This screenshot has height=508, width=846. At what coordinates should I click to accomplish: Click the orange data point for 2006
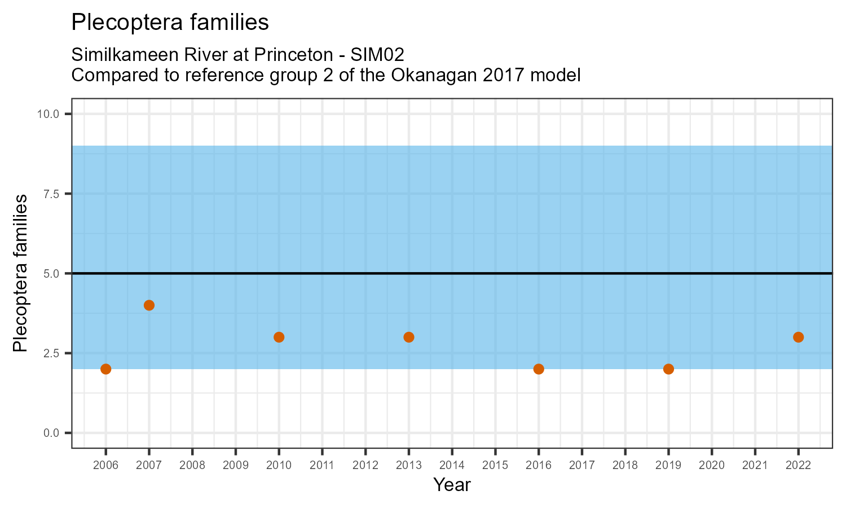(x=105, y=369)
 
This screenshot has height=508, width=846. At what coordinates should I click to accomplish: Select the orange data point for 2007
(x=149, y=305)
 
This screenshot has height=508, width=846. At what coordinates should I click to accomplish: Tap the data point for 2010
(x=279, y=337)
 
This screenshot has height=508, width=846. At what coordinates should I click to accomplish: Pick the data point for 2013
(x=409, y=337)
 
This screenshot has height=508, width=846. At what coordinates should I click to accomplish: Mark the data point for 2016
(x=539, y=369)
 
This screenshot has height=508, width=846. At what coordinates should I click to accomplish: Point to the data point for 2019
(x=668, y=369)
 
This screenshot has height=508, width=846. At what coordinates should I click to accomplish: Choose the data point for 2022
(x=798, y=337)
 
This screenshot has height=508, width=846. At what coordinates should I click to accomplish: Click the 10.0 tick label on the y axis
(x=48, y=114)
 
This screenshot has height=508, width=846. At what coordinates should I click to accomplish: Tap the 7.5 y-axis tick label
(x=51, y=194)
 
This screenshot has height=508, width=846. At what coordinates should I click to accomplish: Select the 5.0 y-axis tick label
(x=51, y=274)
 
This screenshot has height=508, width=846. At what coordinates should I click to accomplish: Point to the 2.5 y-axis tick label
(x=51, y=353)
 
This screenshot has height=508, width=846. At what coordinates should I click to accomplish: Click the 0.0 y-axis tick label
(x=51, y=433)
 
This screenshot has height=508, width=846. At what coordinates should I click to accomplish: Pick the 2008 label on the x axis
(x=192, y=466)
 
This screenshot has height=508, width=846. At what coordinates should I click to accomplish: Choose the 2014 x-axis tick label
(x=452, y=466)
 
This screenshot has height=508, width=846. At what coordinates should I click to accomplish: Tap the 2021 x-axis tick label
(x=755, y=466)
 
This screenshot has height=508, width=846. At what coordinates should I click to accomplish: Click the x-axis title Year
(x=452, y=485)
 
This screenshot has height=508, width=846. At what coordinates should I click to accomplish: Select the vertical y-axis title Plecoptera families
(x=20, y=273)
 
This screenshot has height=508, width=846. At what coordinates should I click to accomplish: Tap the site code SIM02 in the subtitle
(x=377, y=55)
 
